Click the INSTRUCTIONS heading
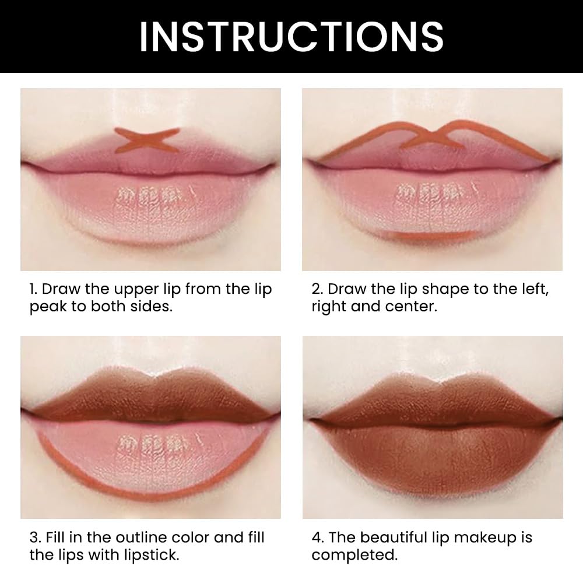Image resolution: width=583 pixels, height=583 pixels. [291, 36]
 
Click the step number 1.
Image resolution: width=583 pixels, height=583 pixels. [33, 290]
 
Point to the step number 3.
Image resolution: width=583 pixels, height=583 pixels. [33, 538]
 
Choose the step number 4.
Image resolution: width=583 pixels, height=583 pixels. [316, 538]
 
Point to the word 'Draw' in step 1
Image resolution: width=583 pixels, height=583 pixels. [61, 290]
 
